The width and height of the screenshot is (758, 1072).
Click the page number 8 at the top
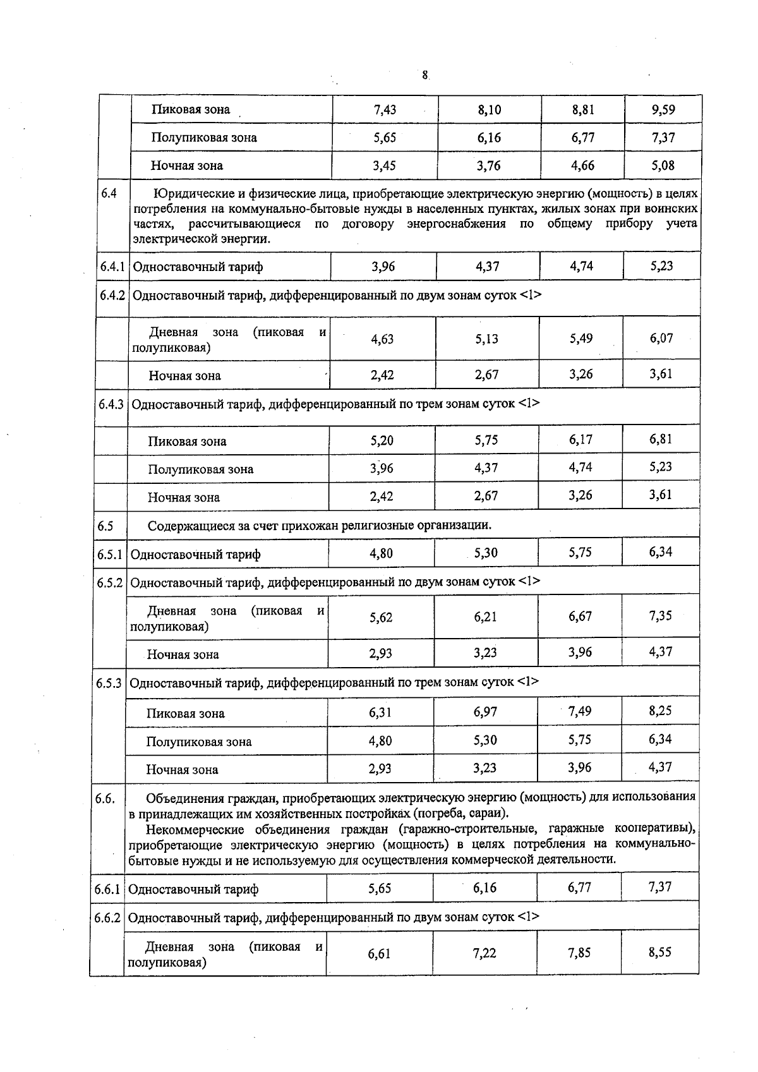click(424, 75)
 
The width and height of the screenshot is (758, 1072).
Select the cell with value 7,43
click(385, 110)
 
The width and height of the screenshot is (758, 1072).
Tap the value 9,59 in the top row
click(663, 110)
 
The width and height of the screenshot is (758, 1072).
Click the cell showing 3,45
click(384, 166)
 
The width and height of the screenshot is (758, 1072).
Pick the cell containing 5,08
click(663, 166)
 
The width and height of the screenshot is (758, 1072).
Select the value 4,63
click(382, 339)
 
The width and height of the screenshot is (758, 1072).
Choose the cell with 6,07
click(661, 338)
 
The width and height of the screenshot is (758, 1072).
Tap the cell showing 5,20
click(382, 441)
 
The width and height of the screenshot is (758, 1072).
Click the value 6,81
click(661, 438)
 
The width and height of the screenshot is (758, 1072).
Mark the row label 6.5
click(105, 526)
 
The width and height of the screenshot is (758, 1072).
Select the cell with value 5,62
click(381, 618)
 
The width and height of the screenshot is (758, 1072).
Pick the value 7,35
click(660, 616)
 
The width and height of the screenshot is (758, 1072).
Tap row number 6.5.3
click(109, 684)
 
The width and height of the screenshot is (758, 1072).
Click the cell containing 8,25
click(660, 711)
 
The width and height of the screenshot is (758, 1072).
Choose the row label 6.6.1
click(107, 889)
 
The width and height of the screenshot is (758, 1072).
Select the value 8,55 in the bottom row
click(659, 952)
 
